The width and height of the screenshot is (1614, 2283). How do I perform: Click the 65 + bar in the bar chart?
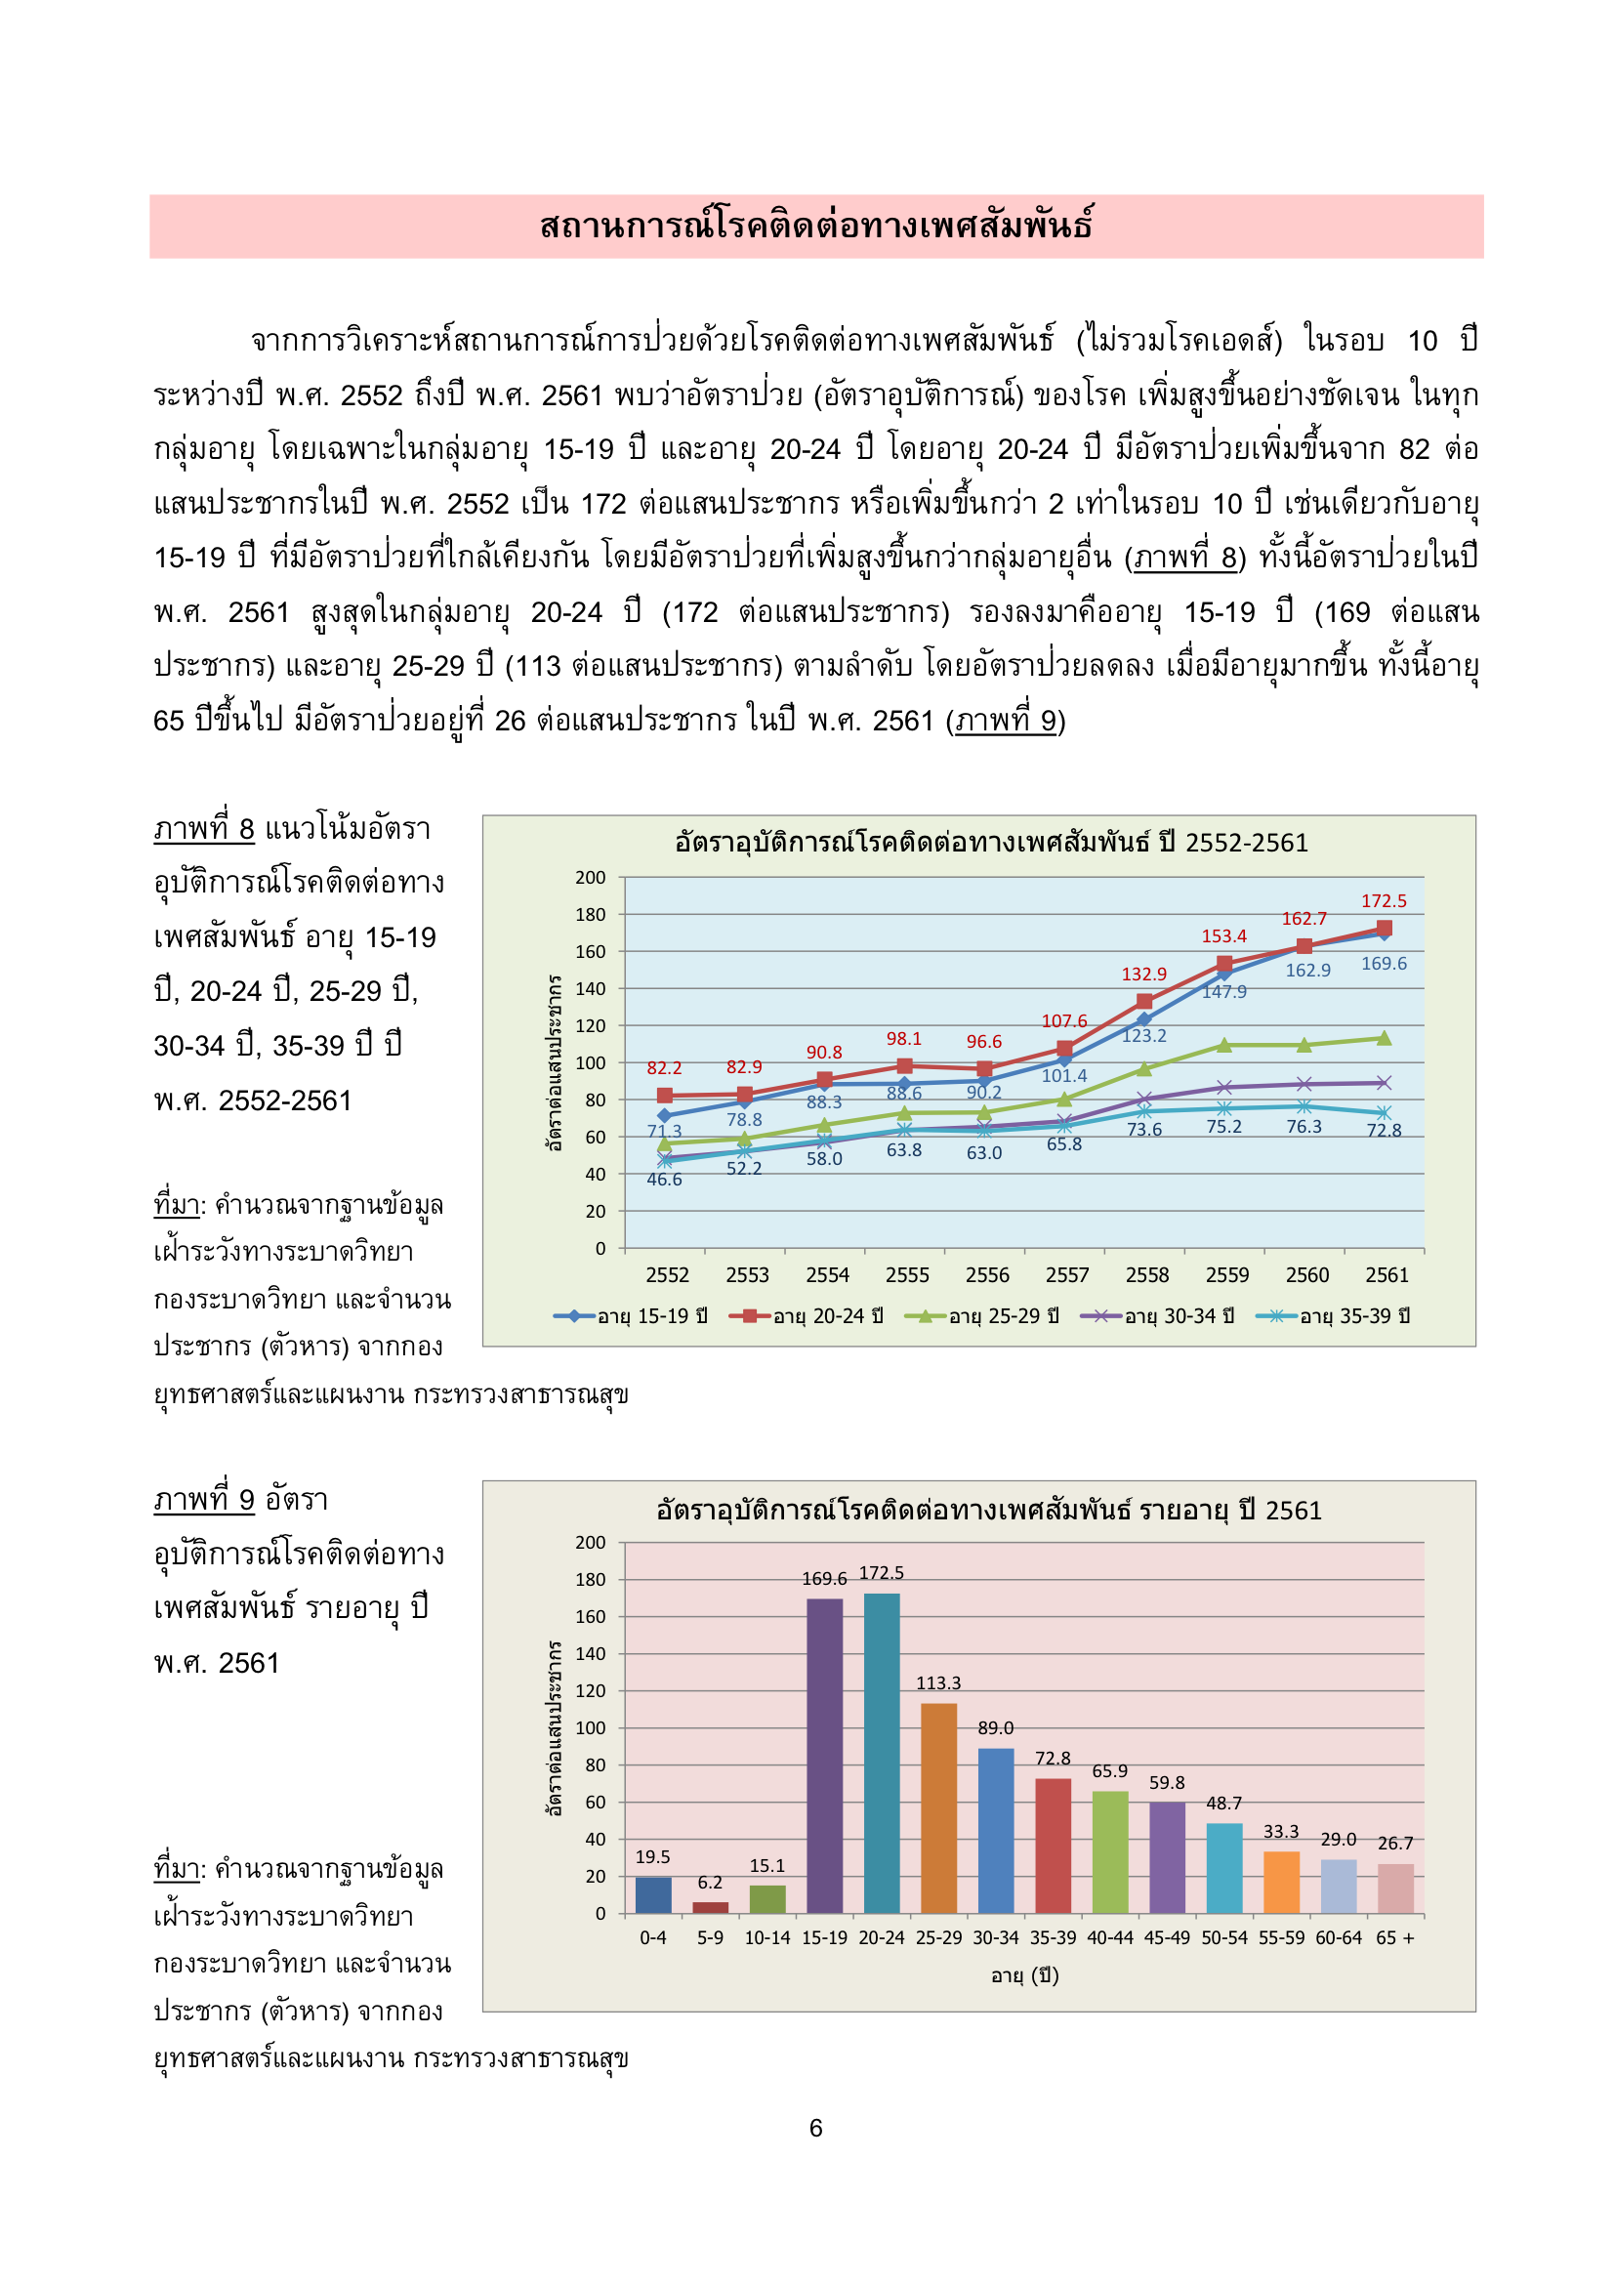pos(1395,1889)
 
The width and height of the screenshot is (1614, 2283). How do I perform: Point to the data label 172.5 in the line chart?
pos(1384,901)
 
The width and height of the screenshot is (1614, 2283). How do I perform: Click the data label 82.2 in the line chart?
pos(664,1068)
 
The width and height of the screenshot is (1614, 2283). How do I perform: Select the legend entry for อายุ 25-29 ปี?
pos(980,1315)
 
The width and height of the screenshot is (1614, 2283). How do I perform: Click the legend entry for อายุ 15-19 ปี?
pos(631,1315)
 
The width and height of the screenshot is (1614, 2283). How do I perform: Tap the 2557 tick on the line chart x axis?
pos(1067,1274)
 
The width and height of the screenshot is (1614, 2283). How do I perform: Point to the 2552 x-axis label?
pos(666,1274)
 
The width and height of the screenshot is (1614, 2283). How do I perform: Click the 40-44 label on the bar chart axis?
pos(1110,1937)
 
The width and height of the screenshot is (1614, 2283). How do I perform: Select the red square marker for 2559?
pos(1224,964)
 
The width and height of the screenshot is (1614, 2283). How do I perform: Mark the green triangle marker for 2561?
pos(1384,1038)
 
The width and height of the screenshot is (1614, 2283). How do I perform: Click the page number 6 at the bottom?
pos(815,2127)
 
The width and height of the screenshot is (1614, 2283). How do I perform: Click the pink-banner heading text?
pos(815,226)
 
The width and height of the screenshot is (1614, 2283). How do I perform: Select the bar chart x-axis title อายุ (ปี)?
pos(1024,1974)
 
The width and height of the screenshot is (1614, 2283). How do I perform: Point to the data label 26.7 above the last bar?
pos(1395,1843)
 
